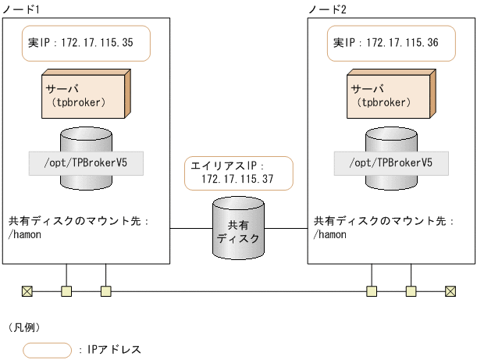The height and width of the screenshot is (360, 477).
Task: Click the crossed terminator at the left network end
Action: tap(27, 291)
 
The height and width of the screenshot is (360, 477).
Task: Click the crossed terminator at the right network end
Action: tap(450, 291)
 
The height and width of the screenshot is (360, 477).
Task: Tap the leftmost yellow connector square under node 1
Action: tap(66, 291)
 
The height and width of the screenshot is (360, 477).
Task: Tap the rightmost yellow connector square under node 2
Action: tap(411, 291)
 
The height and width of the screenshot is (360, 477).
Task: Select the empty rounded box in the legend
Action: tap(48, 349)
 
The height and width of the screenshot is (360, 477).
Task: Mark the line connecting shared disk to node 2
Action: tap(285, 229)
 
